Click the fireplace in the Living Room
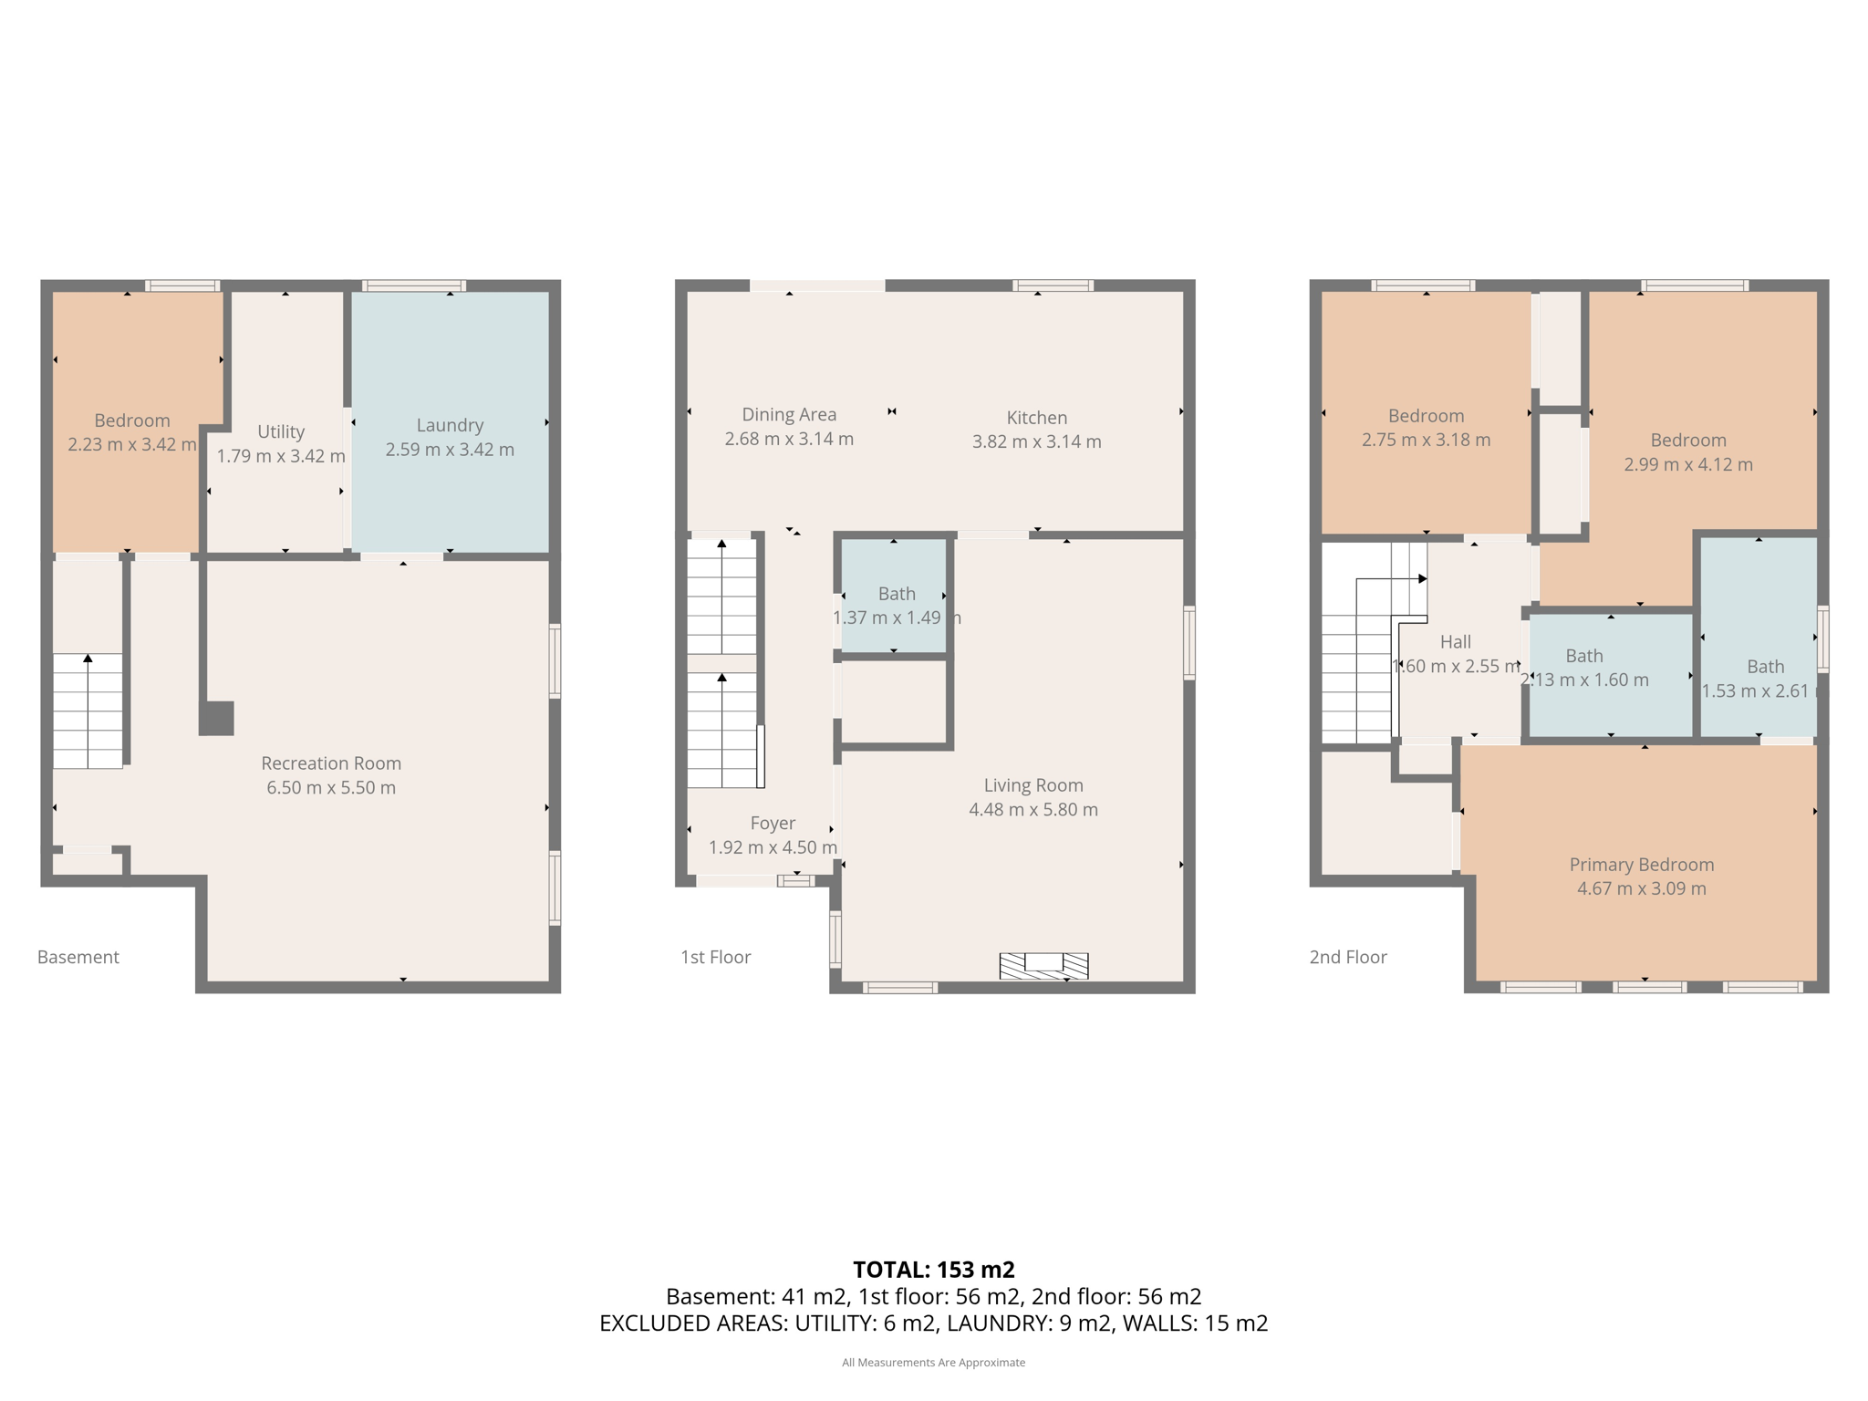pos(1043,965)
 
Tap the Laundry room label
pos(450,425)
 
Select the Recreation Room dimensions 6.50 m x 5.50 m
pos(331,787)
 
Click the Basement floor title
pos(78,957)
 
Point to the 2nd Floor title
pos(1348,957)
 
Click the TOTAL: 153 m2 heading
pos(934,1270)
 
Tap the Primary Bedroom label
pos(1642,865)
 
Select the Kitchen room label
pos(1037,418)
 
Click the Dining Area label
pos(789,415)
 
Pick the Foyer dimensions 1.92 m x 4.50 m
pos(773,847)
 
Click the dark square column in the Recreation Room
pos(217,718)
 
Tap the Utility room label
pos(281,432)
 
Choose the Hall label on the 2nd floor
pos(1456,642)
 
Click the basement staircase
pos(88,711)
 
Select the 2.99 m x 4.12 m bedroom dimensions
pos(1688,464)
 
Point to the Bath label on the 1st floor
pos(897,594)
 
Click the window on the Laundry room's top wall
pos(414,285)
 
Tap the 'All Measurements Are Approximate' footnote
pos(934,1363)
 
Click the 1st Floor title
pos(716,957)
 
